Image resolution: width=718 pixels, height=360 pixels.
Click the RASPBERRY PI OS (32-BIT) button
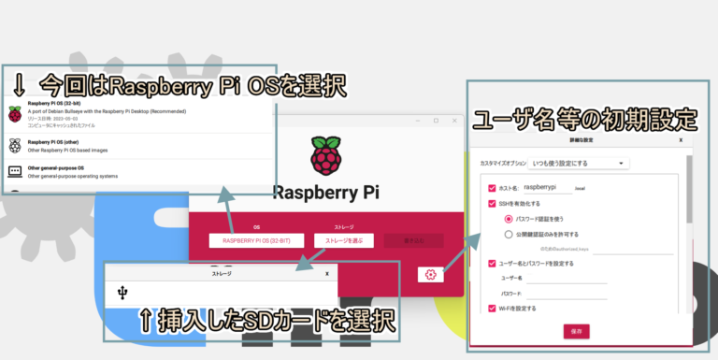click(x=256, y=240)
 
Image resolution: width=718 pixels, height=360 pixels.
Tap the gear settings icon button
click(x=430, y=274)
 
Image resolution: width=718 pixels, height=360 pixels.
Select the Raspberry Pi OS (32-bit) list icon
click(x=15, y=113)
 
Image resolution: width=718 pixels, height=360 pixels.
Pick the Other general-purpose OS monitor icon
click(x=15, y=172)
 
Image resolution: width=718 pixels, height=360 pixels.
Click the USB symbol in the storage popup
click(x=122, y=293)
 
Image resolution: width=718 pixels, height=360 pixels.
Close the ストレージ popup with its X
click(x=326, y=274)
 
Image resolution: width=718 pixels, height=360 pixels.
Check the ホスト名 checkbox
click(x=492, y=187)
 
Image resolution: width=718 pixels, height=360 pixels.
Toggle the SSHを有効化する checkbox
click(x=492, y=203)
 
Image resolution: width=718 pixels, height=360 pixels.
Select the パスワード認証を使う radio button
click(x=509, y=218)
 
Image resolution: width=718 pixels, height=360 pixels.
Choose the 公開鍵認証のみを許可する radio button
click(x=509, y=234)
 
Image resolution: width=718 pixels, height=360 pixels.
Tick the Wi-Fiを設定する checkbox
click(x=492, y=308)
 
